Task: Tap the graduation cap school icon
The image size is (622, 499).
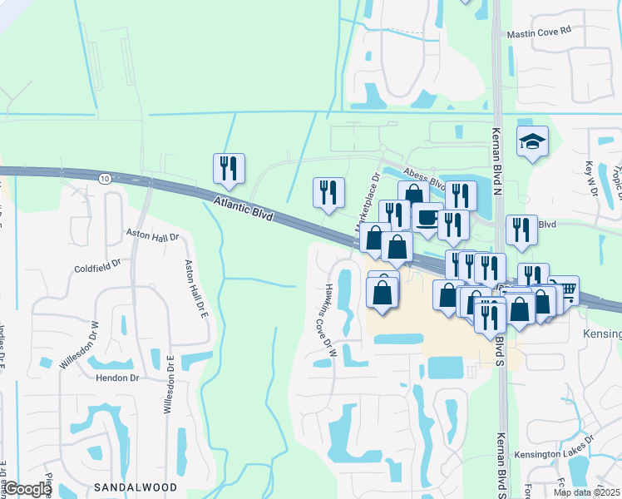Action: [532, 143]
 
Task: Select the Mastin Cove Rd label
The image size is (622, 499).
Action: [541, 32]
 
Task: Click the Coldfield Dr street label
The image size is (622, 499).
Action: [97, 268]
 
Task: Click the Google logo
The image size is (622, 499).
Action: [28, 489]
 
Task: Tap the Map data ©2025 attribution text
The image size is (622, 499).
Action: [587, 492]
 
